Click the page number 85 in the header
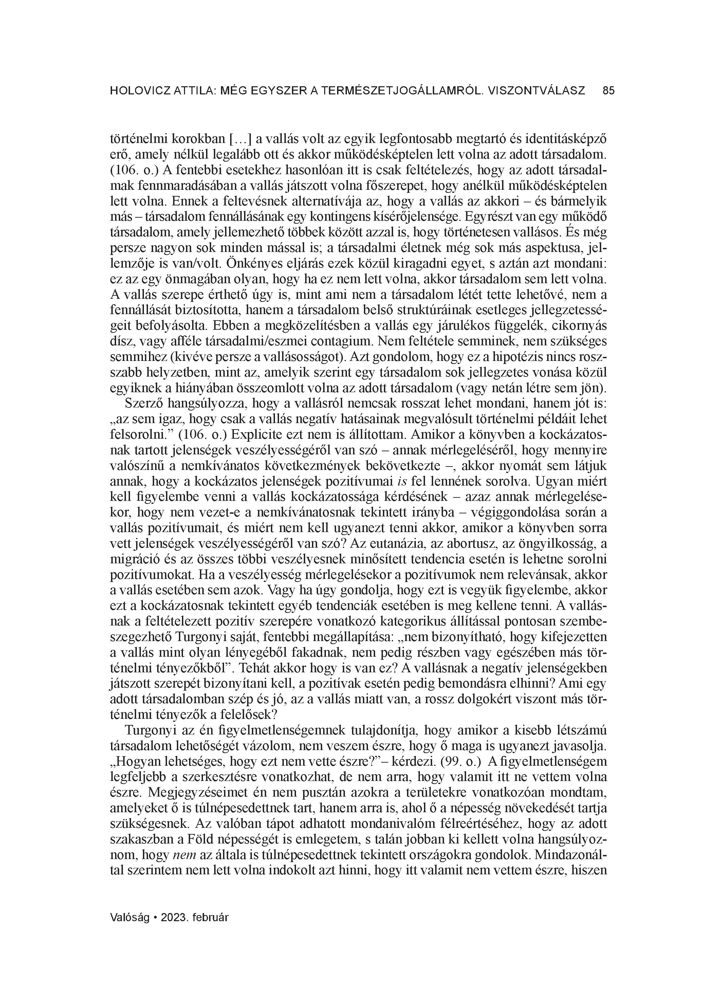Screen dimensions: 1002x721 pos(608,91)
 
